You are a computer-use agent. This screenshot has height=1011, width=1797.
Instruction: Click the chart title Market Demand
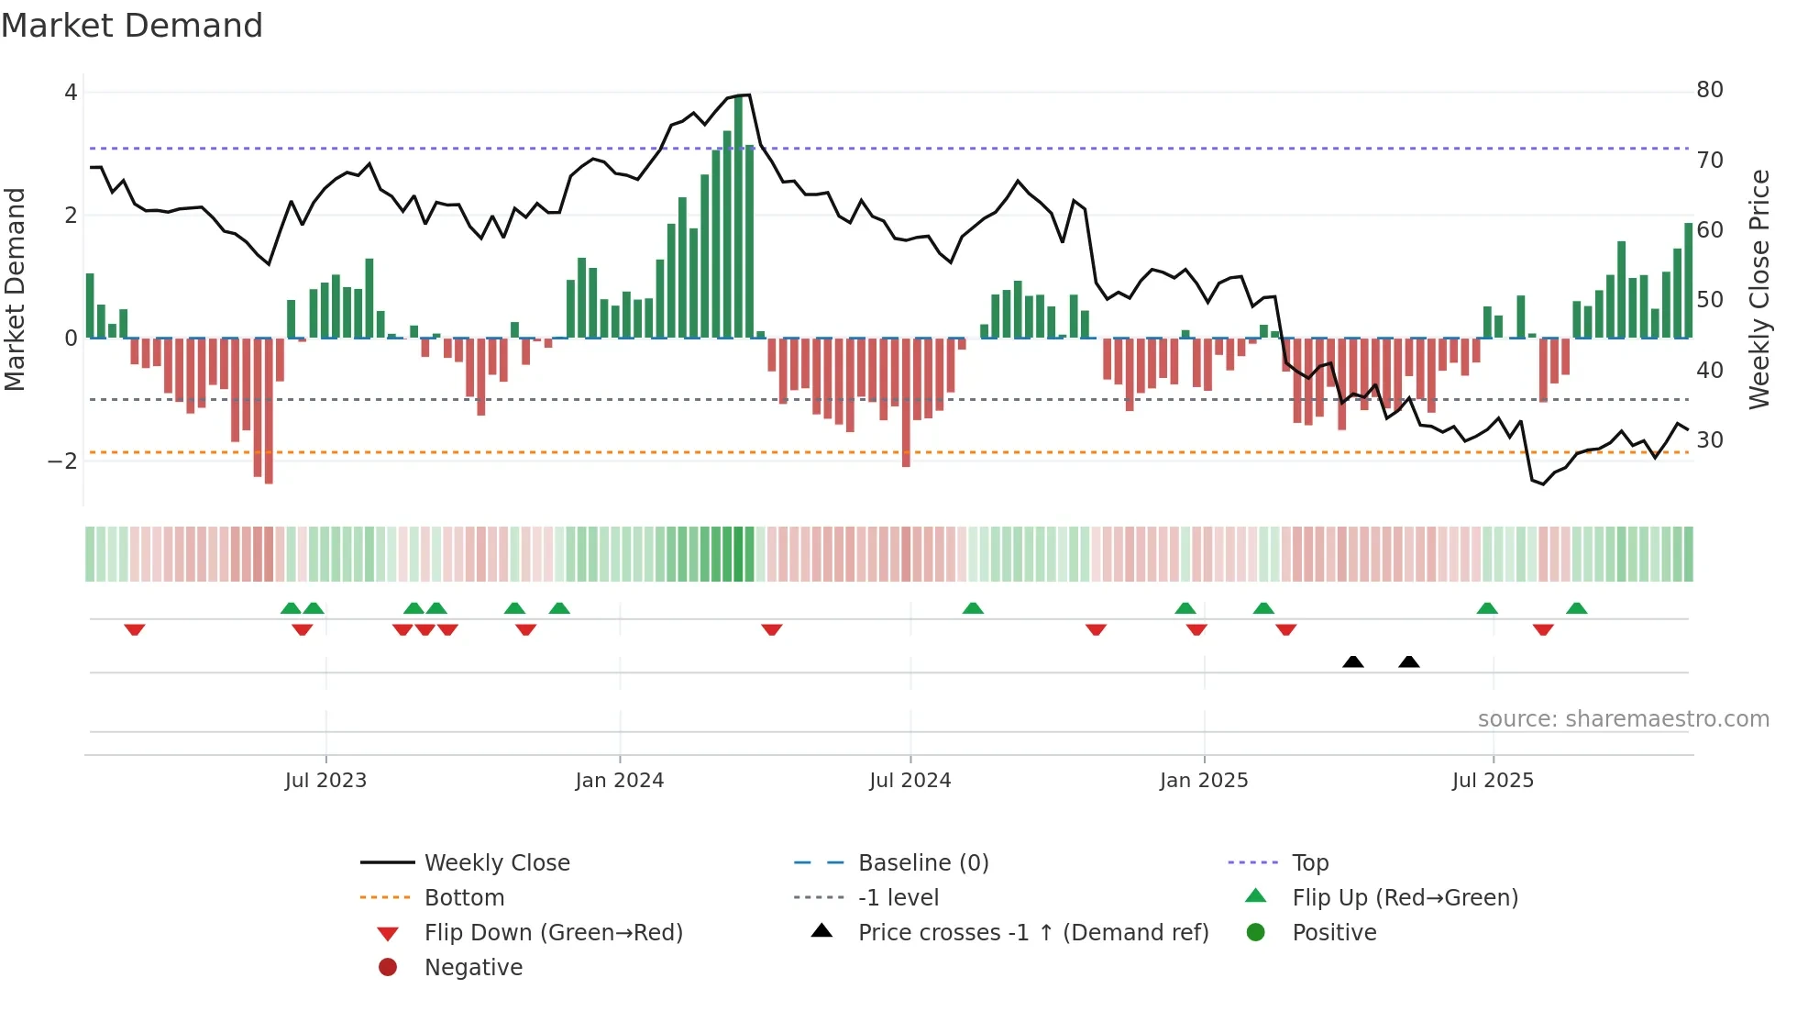pyautogui.click(x=132, y=26)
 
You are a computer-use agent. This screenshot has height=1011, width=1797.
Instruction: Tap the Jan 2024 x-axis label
pyautogui.click(x=619, y=781)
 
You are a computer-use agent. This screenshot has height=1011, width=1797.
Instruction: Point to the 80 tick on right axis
pyautogui.click(x=1709, y=90)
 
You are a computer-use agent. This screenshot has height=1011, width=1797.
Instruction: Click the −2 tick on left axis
pyautogui.click(x=62, y=461)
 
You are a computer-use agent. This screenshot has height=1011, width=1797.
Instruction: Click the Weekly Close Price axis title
pyautogui.click(x=1758, y=289)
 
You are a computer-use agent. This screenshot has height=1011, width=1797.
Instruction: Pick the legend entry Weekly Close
pyautogui.click(x=496, y=863)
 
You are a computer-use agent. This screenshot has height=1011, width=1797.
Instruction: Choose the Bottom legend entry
pyautogui.click(x=464, y=898)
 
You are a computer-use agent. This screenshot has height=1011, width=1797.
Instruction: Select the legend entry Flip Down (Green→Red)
pyautogui.click(x=553, y=933)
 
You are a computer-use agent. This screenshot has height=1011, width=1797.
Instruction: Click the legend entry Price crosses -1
pyautogui.click(x=1032, y=933)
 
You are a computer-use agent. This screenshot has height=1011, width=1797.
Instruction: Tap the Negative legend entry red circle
pyautogui.click(x=388, y=968)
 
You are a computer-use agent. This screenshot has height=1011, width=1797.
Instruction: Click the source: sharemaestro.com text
pyautogui.click(x=1623, y=719)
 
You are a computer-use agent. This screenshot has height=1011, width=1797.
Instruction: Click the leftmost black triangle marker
pyautogui.click(x=1352, y=661)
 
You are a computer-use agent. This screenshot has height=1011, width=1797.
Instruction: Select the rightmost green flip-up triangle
pyautogui.click(x=1576, y=608)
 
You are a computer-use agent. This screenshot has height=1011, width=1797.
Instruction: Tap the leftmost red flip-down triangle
pyautogui.click(x=135, y=629)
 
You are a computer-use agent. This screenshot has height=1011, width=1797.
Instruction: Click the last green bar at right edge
pyautogui.click(x=1688, y=281)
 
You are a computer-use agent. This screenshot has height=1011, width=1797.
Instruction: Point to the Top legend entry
pyautogui.click(x=1309, y=863)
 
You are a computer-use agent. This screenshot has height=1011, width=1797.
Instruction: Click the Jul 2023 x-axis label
pyautogui.click(x=325, y=781)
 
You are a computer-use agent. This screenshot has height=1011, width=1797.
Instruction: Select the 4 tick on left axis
pyautogui.click(x=71, y=93)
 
